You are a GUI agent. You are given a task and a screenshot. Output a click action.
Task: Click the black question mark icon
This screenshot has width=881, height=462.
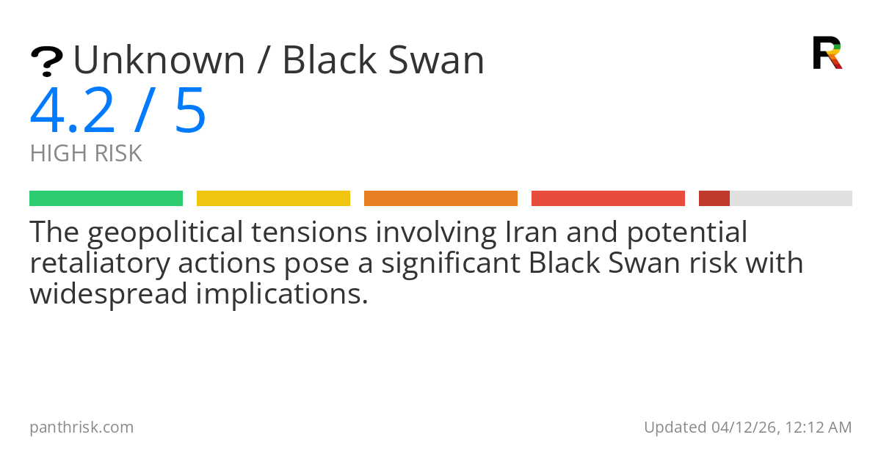point(46,62)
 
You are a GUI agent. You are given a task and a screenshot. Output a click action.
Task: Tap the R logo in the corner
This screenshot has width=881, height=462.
point(827,53)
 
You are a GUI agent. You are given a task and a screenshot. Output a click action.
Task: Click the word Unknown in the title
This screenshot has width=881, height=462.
point(159,60)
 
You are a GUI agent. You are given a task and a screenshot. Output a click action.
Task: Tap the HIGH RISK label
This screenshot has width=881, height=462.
point(86,154)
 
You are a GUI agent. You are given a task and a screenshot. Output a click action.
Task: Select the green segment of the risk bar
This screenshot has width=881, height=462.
point(106,199)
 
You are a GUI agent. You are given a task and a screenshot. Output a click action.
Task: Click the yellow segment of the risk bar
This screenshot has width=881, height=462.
point(273,199)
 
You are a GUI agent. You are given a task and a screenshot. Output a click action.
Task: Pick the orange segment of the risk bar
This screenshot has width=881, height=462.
point(440,199)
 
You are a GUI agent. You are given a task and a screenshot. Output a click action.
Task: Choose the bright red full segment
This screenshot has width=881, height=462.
point(608,199)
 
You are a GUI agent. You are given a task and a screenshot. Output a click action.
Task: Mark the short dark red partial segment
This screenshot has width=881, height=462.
point(714,199)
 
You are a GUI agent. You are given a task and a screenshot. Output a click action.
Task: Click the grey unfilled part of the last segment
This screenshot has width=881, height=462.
point(791,199)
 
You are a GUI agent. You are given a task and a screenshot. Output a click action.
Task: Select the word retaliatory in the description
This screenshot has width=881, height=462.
point(96,263)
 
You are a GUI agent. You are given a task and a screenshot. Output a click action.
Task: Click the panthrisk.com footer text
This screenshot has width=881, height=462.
point(81,427)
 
